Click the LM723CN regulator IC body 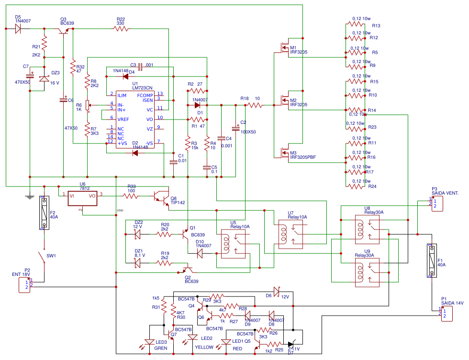point(136,119)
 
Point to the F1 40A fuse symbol point(432,261)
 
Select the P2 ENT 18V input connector point(26,285)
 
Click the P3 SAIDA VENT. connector point(436,204)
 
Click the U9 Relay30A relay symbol point(367,273)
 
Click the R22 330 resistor point(121,29)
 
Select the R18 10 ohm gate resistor point(255,105)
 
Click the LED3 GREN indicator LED point(150,342)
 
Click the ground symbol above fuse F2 point(29,196)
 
